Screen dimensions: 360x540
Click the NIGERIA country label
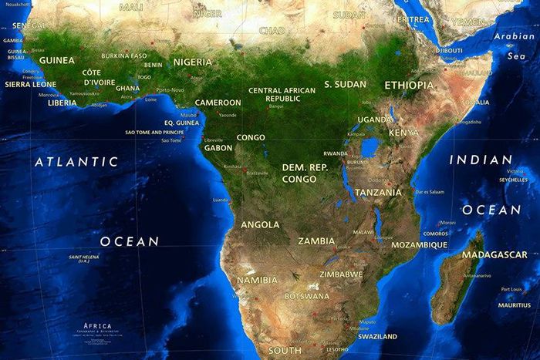click(x=192, y=62)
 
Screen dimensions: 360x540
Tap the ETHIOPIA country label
click(x=409, y=86)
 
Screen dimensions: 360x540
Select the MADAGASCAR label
click(x=494, y=255)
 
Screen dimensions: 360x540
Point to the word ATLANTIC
click(x=76, y=162)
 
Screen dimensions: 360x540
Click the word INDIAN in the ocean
click(x=481, y=160)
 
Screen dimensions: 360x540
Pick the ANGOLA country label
click(x=260, y=225)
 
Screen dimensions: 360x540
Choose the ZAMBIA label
click(x=316, y=241)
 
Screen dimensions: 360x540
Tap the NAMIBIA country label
click(x=257, y=280)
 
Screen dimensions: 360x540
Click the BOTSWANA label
click(x=307, y=296)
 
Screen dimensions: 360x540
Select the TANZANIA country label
click(x=378, y=192)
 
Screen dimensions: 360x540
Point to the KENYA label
click(x=403, y=133)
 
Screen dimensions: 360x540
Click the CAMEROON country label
click(x=218, y=103)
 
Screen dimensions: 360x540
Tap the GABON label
click(x=218, y=147)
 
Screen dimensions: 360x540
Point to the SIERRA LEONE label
click(x=30, y=84)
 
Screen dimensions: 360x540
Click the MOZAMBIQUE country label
click(x=419, y=245)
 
